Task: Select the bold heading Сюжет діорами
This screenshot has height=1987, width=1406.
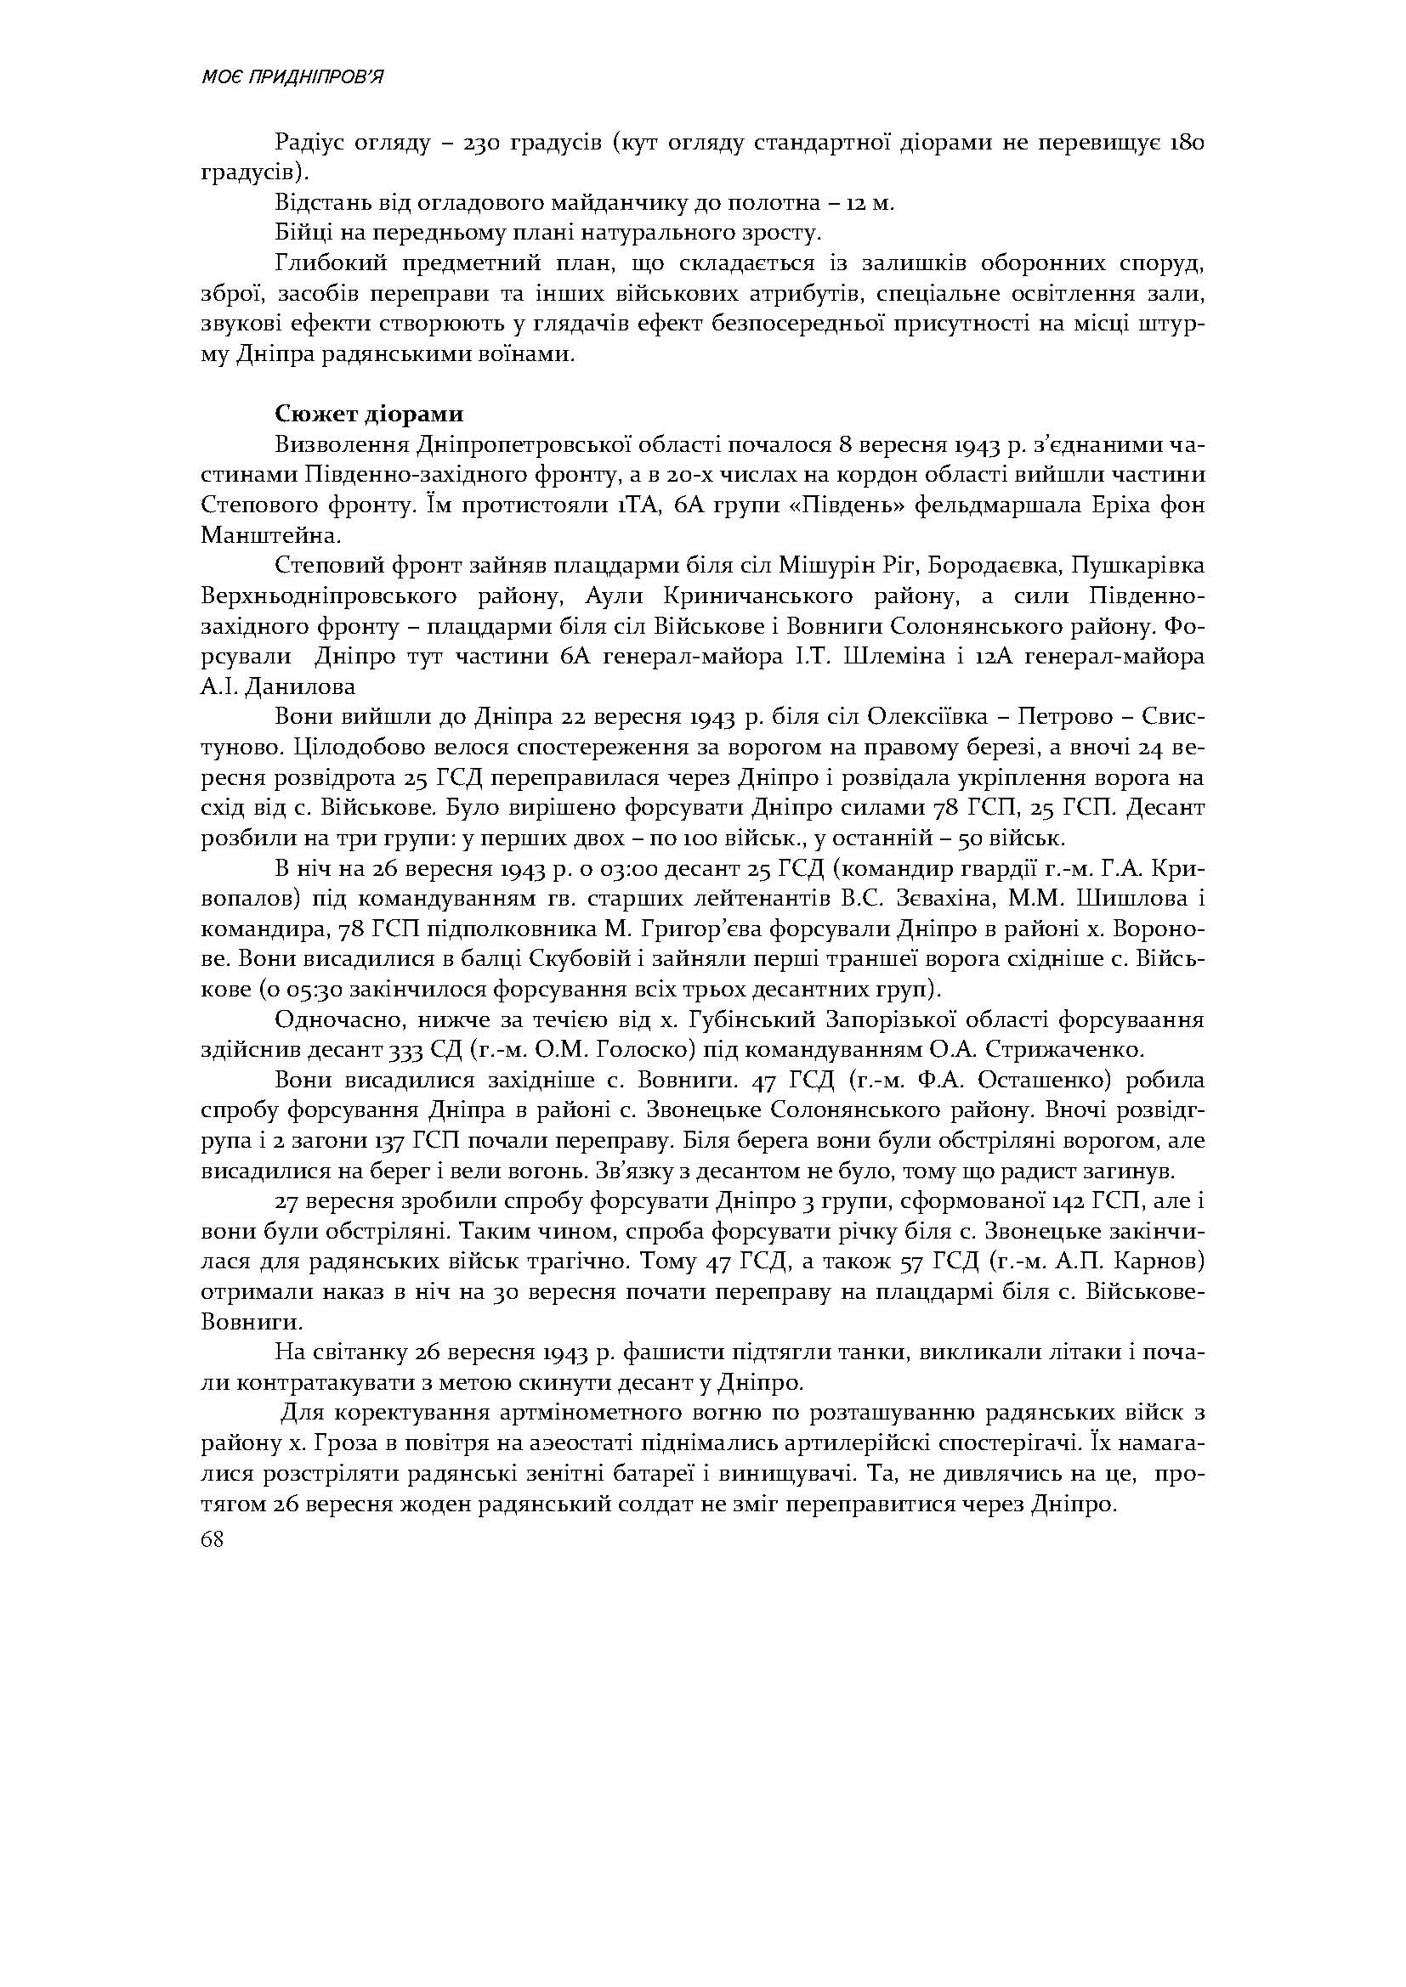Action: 369,414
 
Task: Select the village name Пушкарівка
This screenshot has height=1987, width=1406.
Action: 1137,567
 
